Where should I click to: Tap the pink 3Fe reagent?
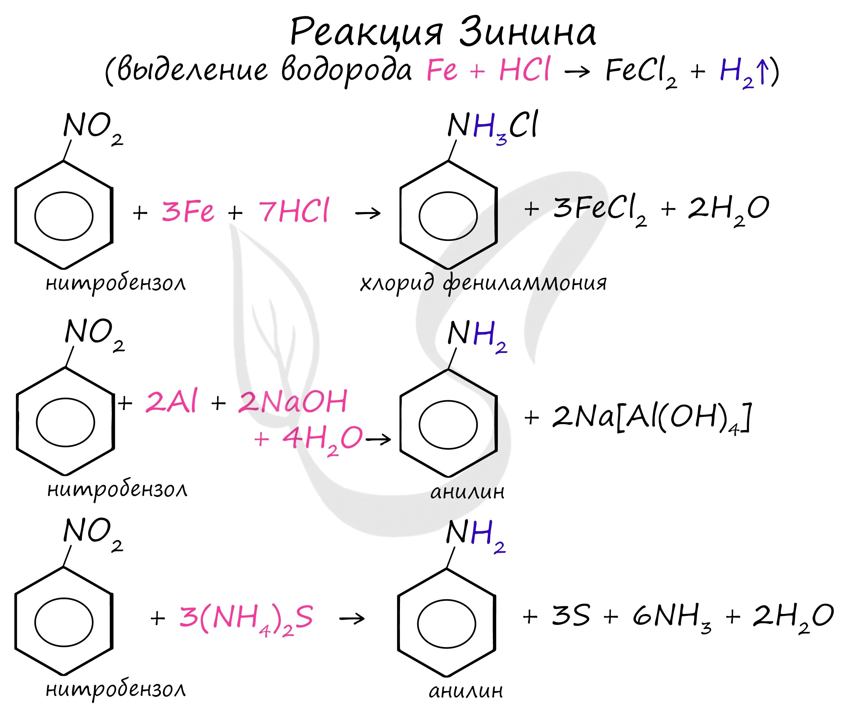click(188, 211)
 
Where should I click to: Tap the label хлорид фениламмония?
click(483, 283)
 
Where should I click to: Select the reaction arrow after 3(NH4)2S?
click(352, 619)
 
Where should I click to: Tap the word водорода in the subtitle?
click(346, 71)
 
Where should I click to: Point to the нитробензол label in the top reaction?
click(116, 283)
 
